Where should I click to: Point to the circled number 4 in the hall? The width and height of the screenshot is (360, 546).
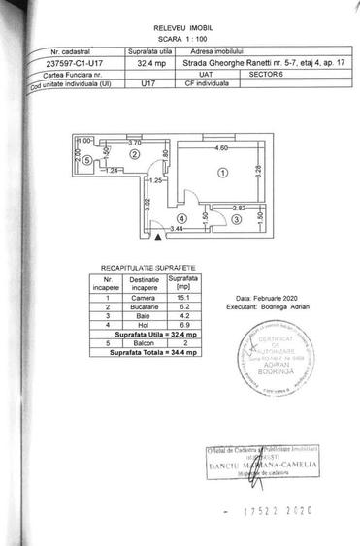(x=180, y=219)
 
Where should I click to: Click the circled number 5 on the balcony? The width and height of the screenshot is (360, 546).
(x=87, y=159)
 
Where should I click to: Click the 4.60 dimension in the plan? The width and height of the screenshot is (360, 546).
(x=222, y=148)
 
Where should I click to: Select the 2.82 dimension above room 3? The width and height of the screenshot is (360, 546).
(x=239, y=208)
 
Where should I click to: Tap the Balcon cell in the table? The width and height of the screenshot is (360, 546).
(x=145, y=342)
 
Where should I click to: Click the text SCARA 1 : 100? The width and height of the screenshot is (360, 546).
(x=179, y=40)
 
